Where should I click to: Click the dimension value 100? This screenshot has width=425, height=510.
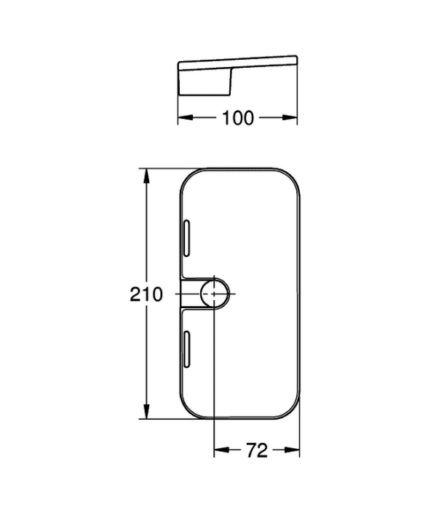[x=237, y=118]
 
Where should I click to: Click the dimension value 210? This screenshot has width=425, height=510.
[x=146, y=294]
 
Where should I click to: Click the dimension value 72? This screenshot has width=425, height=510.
[x=257, y=450]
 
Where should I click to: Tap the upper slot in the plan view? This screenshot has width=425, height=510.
[x=187, y=238]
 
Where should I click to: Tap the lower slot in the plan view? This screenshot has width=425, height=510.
[x=187, y=350]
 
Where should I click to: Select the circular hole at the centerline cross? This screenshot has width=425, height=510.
[x=215, y=294]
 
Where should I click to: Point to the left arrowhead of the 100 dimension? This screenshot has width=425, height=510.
[x=186, y=117]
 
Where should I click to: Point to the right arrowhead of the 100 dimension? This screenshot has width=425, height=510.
[x=290, y=117]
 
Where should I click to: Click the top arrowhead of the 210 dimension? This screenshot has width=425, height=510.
[x=146, y=176]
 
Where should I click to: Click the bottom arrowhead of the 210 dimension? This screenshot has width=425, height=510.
[x=146, y=411]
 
